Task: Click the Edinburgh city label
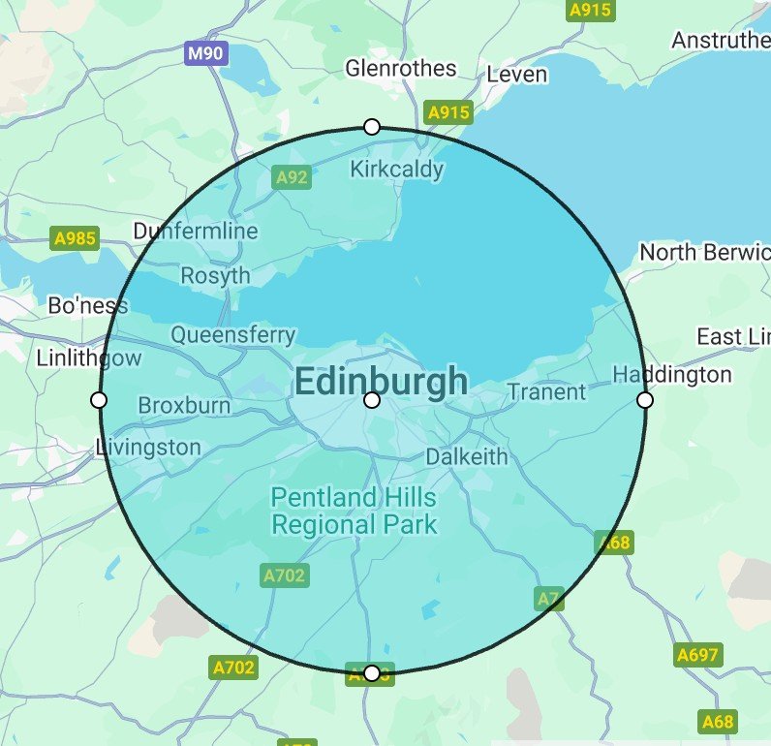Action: pos(381,382)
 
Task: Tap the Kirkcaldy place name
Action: pos(396,170)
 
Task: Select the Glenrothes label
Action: pos(401,68)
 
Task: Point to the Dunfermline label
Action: pos(196,231)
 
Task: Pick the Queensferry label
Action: pos(233,335)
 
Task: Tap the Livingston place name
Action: pos(149,448)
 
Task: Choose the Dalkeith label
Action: pos(467,456)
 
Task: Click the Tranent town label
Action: pos(547,391)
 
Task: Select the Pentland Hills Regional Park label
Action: pos(354,512)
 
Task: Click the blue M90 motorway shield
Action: pos(205,53)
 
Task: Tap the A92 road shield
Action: pos(292,177)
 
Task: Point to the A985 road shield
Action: pos(75,238)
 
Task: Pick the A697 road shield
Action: pos(698,655)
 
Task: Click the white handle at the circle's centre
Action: pos(372,400)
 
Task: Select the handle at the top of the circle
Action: pos(372,127)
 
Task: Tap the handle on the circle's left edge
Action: pos(98,400)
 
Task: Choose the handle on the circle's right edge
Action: pos(645,400)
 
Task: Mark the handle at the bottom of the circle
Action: pos(372,673)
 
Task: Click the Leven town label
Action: pos(517,75)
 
